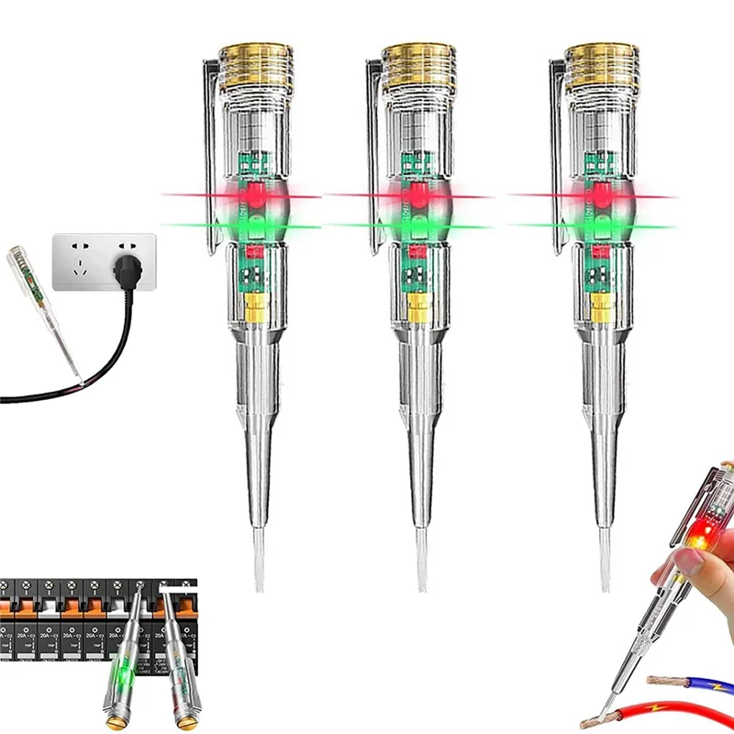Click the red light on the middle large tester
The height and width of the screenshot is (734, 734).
(419, 195)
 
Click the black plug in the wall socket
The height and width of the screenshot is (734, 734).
(128, 270)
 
